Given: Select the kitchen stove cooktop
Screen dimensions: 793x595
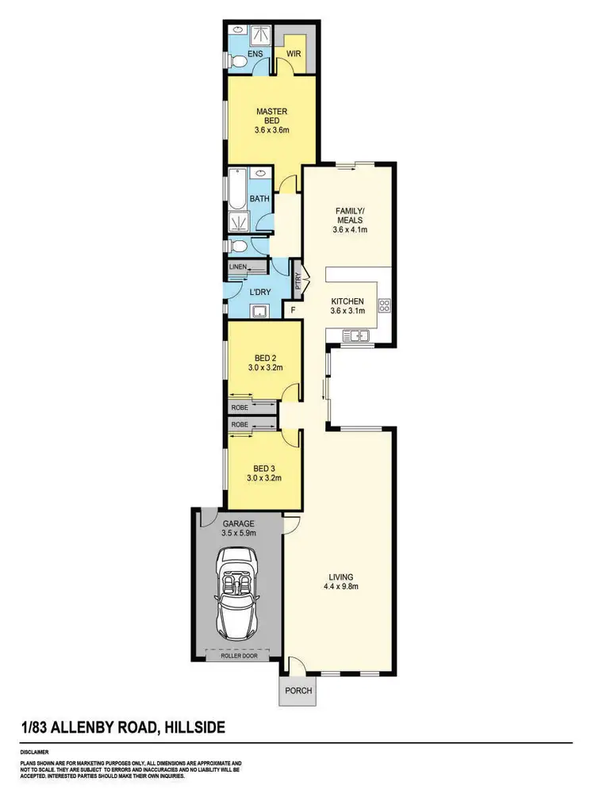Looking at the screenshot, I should [x=385, y=305].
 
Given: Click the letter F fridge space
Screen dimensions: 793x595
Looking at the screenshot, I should [x=294, y=311].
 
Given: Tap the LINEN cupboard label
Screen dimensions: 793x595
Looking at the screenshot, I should [x=237, y=267].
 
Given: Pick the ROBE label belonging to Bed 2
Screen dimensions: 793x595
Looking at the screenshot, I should [x=240, y=407].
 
